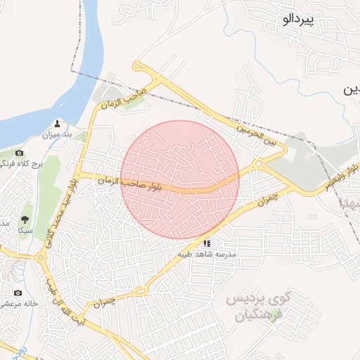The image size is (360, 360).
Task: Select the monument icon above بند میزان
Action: tap(58, 122)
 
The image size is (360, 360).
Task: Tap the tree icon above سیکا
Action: tap(25, 220)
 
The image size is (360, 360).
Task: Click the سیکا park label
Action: tap(25, 231)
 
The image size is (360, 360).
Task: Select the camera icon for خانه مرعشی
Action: tap(18, 292)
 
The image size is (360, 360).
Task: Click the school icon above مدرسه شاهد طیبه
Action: tap(206, 243)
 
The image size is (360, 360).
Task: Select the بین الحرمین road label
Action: tap(262, 135)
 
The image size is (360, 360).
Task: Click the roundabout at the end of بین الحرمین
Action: tap(259, 164)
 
